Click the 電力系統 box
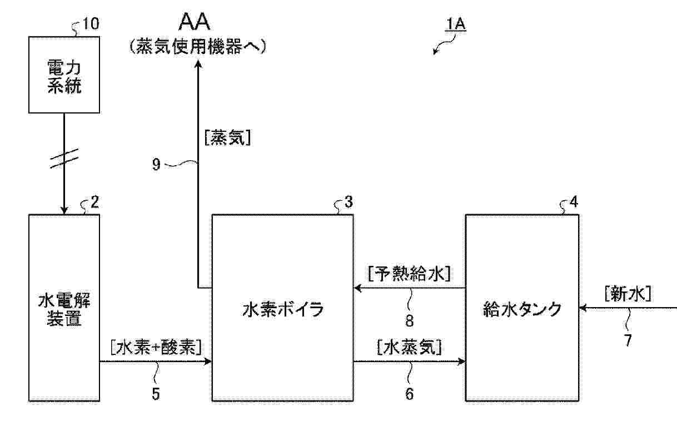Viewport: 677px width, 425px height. point(64,75)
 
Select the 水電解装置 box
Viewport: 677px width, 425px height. point(64,307)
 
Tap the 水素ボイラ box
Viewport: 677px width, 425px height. point(282,307)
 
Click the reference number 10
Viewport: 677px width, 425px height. point(92,24)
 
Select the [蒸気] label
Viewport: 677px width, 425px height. point(227,138)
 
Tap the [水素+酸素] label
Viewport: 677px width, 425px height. point(156,347)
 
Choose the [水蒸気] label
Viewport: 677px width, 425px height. point(409,348)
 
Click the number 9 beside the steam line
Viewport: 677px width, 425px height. point(157,165)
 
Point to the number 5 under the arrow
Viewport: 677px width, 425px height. point(156,394)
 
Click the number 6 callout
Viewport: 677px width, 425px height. point(409,394)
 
